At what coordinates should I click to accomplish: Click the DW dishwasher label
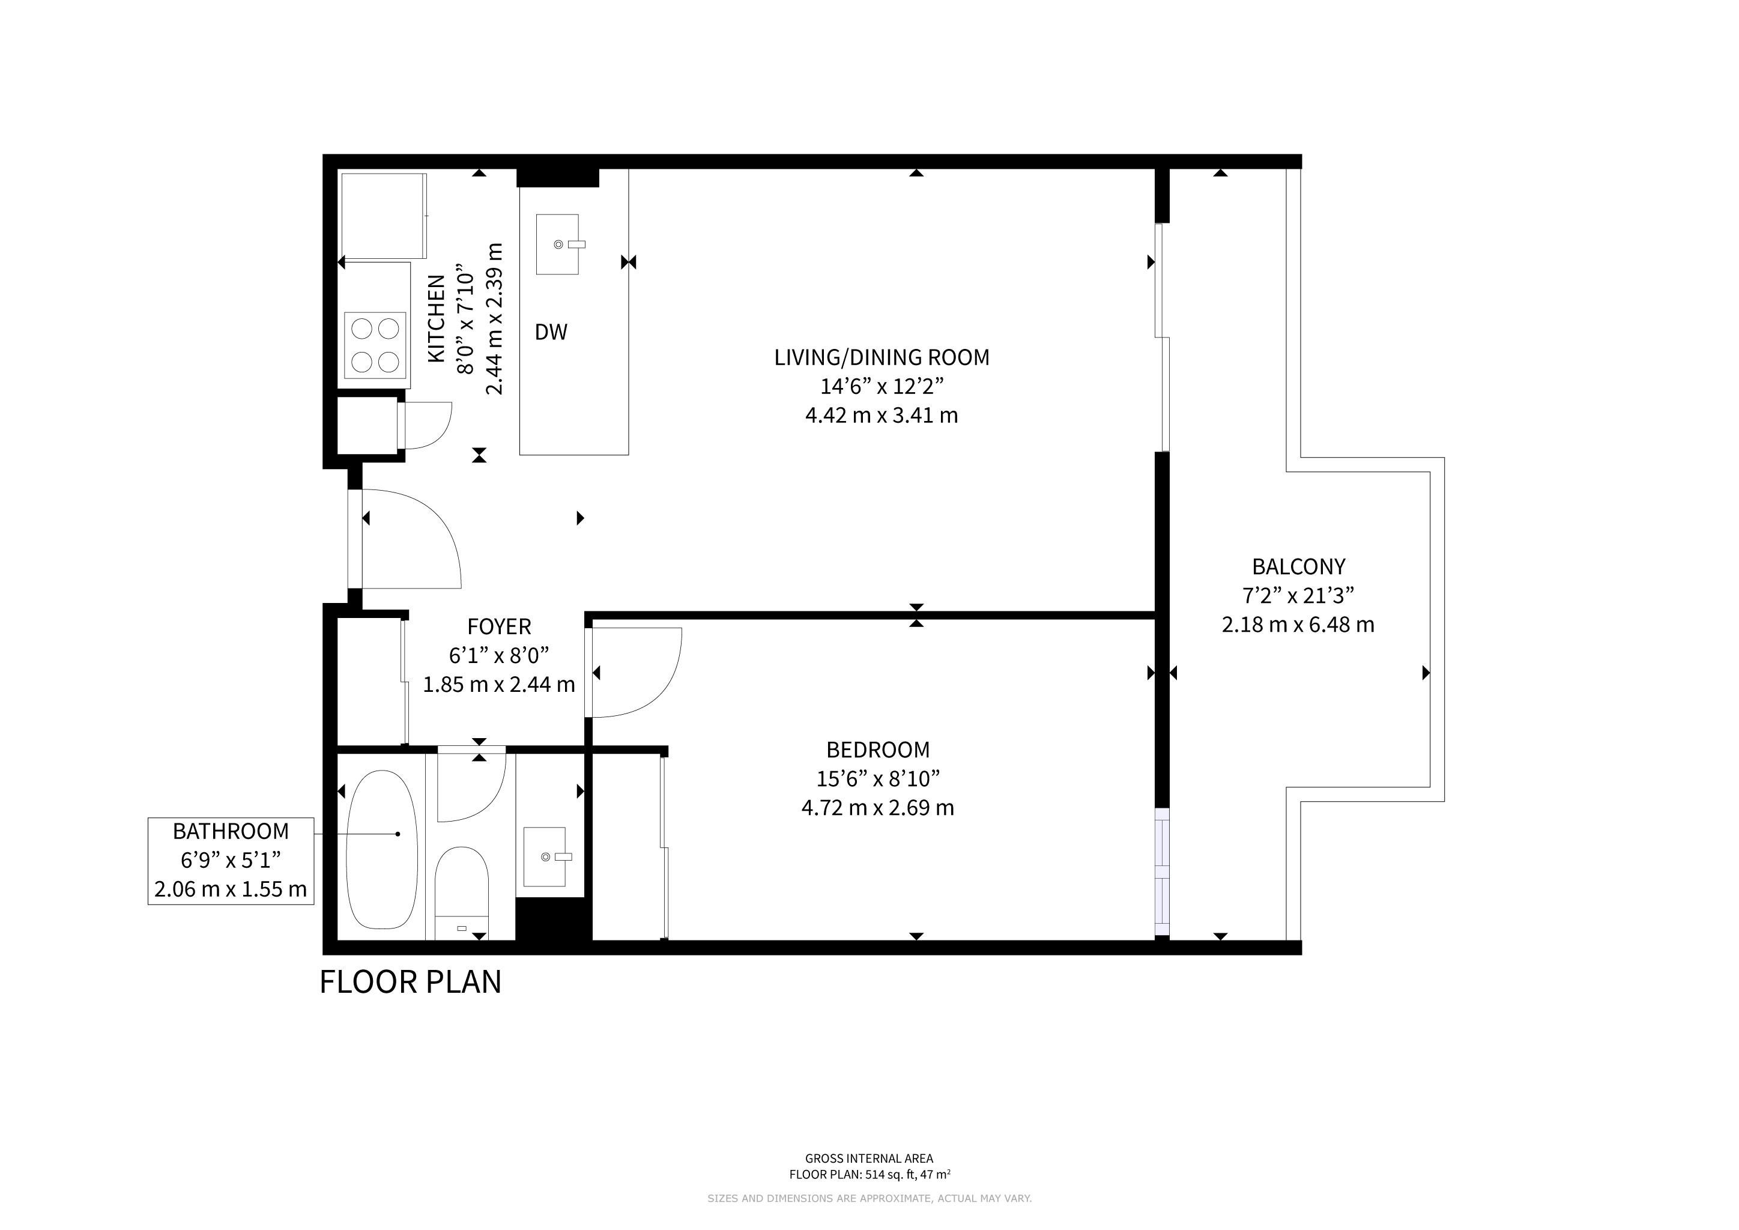(x=551, y=332)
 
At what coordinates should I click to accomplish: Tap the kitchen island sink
(x=557, y=244)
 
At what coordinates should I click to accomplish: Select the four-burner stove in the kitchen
(x=377, y=345)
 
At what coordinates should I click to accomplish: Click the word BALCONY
(x=1298, y=566)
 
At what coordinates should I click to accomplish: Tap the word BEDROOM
(x=878, y=750)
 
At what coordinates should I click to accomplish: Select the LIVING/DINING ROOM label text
(x=882, y=357)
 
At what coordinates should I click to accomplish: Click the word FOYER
(x=499, y=626)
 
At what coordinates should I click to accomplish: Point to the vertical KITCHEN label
(x=437, y=318)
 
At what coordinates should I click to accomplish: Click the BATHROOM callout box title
(x=231, y=832)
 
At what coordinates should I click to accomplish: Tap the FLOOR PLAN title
(x=411, y=983)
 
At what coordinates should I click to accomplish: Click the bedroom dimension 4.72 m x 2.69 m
(x=878, y=807)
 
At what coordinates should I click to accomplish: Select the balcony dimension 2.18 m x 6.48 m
(x=1298, y=625)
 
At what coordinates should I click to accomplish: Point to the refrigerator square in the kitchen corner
(x=383, y=216)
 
